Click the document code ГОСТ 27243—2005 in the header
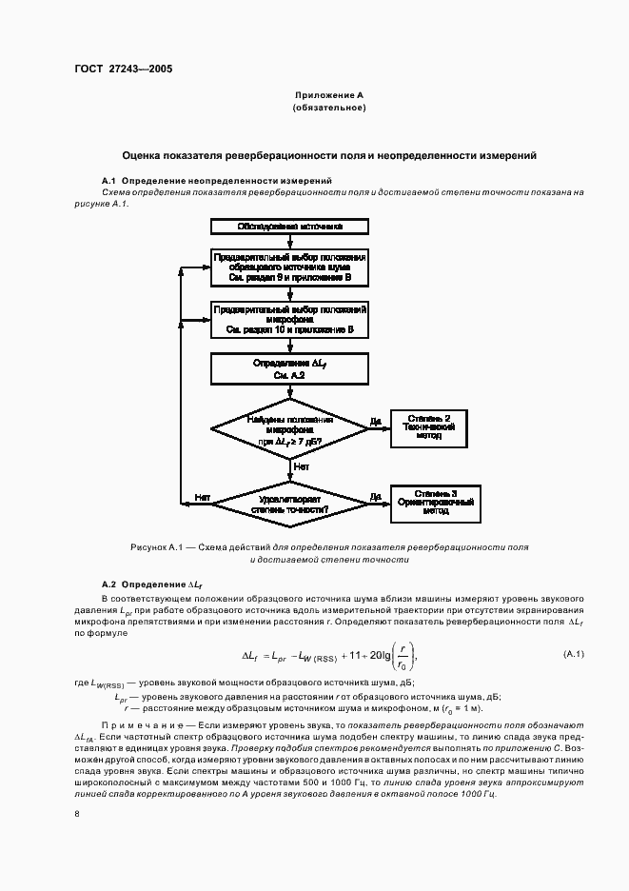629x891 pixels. click(125, 69)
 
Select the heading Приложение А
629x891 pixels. click(329, 96)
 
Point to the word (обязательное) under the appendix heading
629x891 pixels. click(329, 109)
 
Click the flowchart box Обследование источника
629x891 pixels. click(289, 227)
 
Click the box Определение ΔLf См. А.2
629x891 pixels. click(289, 370)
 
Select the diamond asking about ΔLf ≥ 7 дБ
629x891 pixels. click(289, 431)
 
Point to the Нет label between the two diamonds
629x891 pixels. click(301, 467)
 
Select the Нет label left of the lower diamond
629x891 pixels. click(202, 497)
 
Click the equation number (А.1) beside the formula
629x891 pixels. click(573, 653)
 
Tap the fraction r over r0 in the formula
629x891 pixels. click(403, 655)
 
